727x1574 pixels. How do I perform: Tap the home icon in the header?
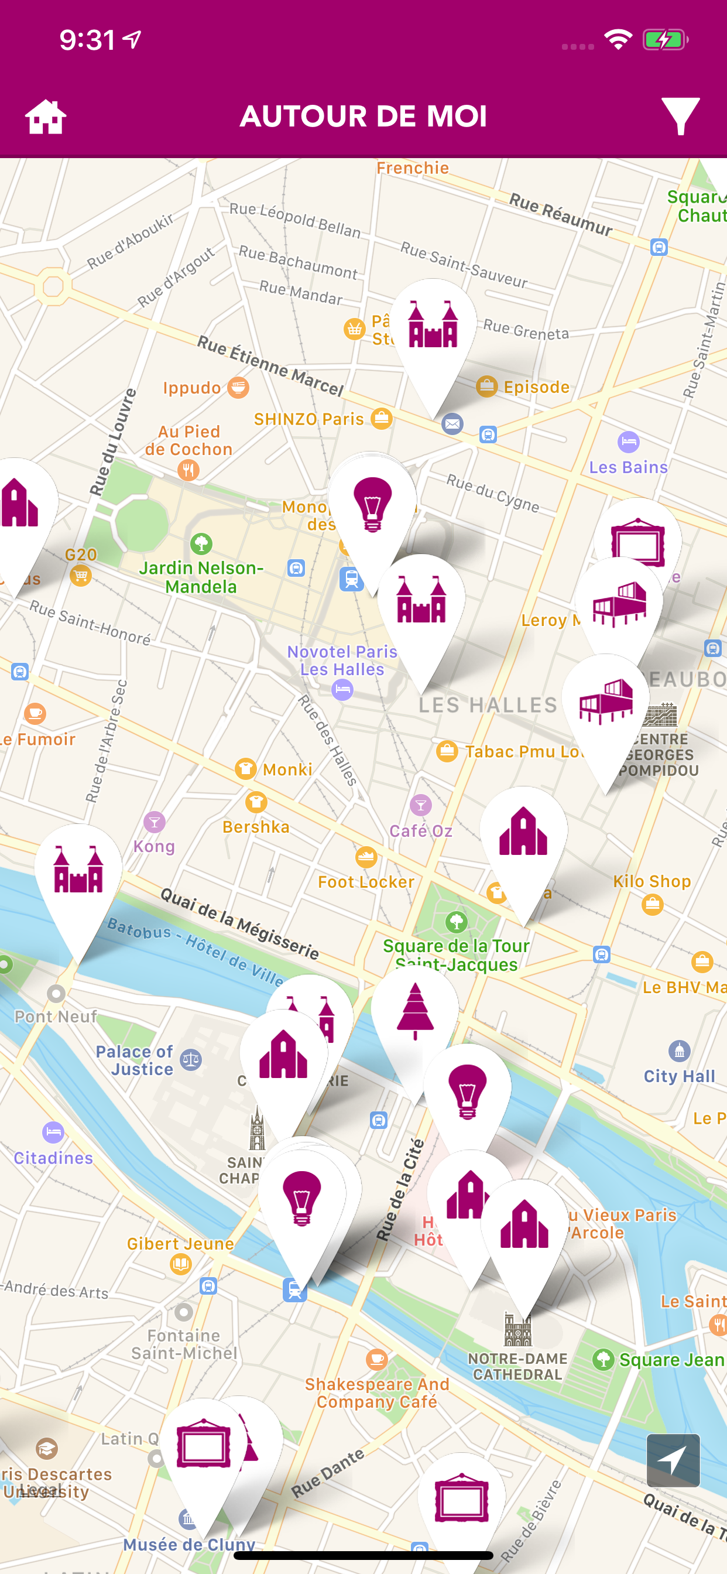(46, 117)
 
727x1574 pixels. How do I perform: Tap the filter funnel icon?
(680, 116)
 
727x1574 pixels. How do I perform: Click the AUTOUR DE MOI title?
(364, 116)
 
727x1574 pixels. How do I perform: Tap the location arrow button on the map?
(673, 1460)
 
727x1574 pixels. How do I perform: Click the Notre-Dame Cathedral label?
(517, 1366)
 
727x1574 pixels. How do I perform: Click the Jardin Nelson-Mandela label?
(201, 577)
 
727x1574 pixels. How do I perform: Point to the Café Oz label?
(421, 830)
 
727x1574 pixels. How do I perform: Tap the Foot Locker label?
(366, 881)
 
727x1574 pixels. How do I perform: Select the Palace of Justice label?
(135, 1060)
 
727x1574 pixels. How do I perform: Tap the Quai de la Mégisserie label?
(239, 923)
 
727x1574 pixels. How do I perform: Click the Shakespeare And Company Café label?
(377, 1392)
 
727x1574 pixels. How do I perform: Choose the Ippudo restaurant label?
(192, 388)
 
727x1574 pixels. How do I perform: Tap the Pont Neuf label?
(56, 1016)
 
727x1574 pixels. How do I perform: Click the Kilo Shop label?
(652, 881)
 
